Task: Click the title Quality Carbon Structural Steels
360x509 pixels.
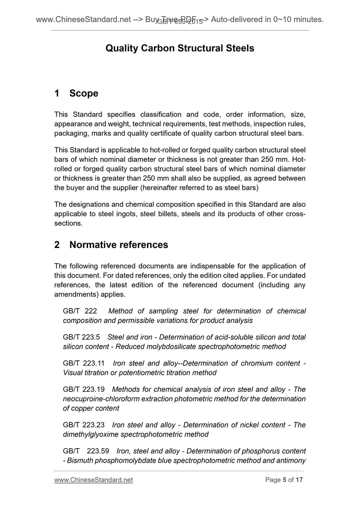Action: tap(180, 48)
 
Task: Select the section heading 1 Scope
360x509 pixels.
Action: tap(76, 93)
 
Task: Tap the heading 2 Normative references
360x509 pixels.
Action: tap(111, 245)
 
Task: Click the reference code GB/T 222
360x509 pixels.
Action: tap(80, 311)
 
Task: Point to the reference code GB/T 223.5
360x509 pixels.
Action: tap(82, 337)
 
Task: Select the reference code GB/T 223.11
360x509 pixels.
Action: tap(84, 363)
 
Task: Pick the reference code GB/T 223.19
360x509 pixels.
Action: tap(84, 389)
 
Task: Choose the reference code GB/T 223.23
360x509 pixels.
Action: tap(84, 425)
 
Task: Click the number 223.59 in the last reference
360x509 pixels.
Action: tap(98, 451)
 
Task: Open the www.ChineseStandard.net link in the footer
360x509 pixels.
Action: tap(94, 480)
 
